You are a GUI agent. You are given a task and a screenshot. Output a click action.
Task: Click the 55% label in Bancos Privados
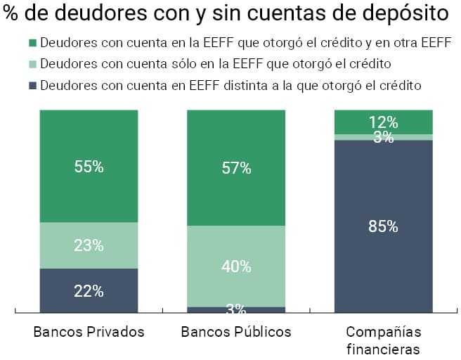tap(89, 167)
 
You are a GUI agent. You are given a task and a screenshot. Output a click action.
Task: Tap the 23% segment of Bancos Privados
tap(89, 245)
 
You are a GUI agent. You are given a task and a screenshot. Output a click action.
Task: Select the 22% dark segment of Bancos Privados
tap(89, 290)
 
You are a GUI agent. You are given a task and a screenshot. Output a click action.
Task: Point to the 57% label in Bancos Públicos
tap(236, 168)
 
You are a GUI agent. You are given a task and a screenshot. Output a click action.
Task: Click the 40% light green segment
tap(236, 266)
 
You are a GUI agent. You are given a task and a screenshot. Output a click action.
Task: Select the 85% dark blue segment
tap(383, 226)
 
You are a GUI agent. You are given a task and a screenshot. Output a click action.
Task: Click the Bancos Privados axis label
tap(89, 332)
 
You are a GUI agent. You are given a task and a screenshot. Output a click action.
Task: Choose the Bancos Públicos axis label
tap(236, 332)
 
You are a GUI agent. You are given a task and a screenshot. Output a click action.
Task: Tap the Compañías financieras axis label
tap(383, 340)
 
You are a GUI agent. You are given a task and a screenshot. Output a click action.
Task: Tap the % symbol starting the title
tap(11, 13)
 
